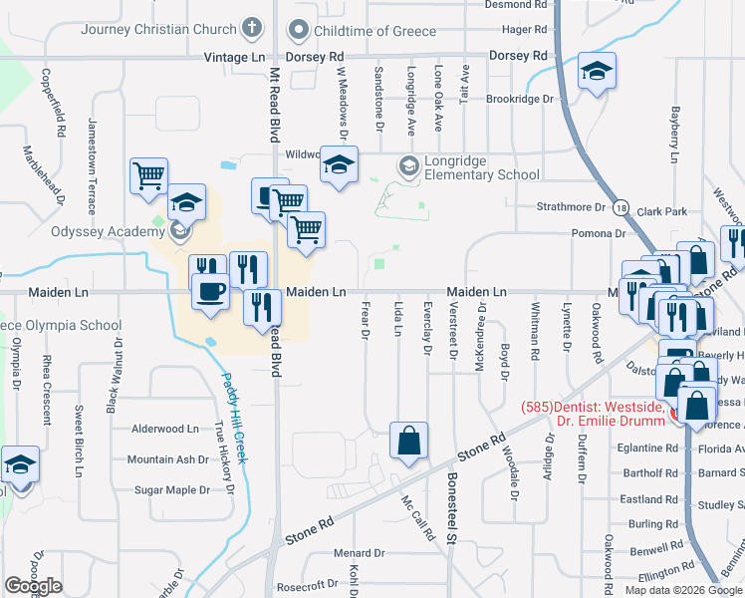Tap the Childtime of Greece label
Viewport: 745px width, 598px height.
point(374,30)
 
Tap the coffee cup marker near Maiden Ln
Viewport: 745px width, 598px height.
point(209,292)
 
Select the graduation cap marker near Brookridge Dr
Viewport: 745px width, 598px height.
point(597,72)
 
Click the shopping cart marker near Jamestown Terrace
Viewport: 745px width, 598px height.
point(148,176)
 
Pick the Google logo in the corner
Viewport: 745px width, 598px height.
point(33,586)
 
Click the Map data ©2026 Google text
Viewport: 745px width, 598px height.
point(683,590)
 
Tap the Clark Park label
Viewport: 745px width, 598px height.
point(662,211)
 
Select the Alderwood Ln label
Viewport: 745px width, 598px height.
point(165,429)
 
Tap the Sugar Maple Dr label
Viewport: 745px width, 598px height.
point(172,490)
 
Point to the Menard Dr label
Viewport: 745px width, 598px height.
point(359,553)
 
